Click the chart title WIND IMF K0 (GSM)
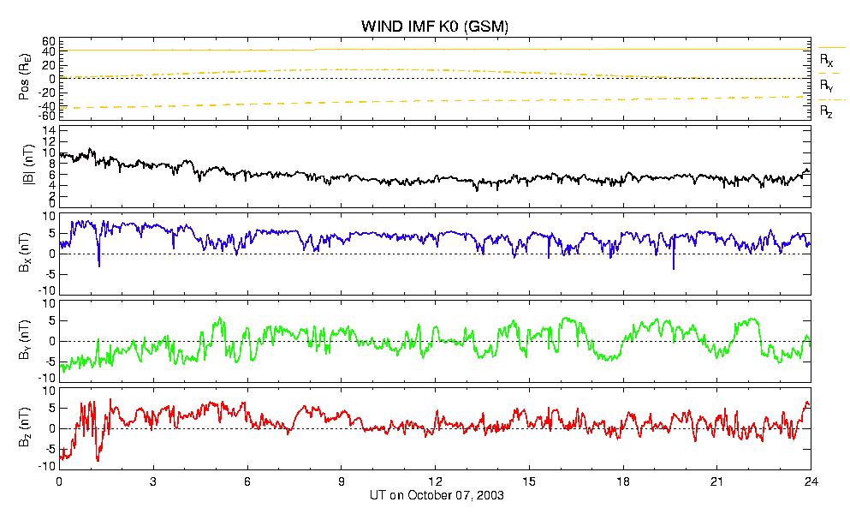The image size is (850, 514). coord(435,26)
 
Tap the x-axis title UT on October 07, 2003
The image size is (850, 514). coord(437,495)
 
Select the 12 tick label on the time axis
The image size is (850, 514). coord(435,481)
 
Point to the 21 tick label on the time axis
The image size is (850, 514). coord(716,481)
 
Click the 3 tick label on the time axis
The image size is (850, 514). coord(153,481)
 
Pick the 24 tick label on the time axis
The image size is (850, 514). coord(811,481)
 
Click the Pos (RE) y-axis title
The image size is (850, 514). coord(24,79)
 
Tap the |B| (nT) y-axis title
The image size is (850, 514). coord(28,165)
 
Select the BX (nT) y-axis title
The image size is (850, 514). coord(24,253)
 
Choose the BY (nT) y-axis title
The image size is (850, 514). coord(24,340)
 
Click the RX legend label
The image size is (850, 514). coord(826,60)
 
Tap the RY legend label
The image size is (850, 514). coord(826,86)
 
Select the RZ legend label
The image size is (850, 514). coord(826,112)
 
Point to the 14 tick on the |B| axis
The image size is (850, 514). coord(49,130)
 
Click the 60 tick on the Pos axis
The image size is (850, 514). coord(49,42)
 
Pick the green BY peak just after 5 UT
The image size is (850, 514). coord(219,318)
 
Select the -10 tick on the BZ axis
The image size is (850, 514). coord(48,466)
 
